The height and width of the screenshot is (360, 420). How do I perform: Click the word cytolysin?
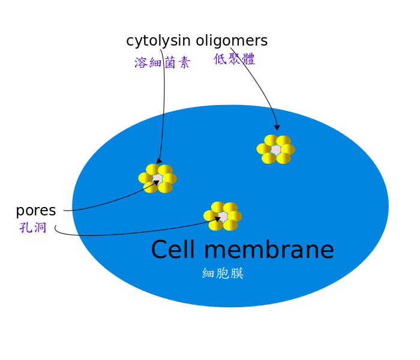click(158, 41)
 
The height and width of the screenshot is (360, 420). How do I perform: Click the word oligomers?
click(232, 41)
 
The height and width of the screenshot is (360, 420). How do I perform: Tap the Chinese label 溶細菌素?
click(163, 62)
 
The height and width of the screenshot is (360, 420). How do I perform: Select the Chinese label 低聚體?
click(234, 59)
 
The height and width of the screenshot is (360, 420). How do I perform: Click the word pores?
click(36, 211)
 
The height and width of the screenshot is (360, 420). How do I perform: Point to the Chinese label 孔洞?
click(32, 227)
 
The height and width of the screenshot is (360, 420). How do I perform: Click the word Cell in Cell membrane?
click(173, 250)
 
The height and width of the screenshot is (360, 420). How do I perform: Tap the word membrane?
click(269, 250)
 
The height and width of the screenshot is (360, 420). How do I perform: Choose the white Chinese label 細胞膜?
click(223, 273)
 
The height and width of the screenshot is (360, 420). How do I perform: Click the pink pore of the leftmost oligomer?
click(157, 178)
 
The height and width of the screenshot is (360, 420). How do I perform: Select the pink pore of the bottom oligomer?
click(223, 216)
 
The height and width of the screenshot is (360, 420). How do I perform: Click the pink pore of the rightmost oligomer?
click(275, 149)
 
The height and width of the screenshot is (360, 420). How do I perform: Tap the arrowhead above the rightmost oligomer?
click(277, 127)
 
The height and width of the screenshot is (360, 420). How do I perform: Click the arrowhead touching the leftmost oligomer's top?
click(159, 161)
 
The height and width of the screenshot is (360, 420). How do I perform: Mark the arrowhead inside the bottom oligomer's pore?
click(218, 219)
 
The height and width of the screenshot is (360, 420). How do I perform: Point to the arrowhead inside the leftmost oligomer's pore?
click(156, 182)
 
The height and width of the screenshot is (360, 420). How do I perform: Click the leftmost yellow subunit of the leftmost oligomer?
click(145, 178)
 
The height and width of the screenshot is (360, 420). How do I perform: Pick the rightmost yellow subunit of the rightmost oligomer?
click(288, 149)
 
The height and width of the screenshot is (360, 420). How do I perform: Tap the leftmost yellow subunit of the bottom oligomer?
click(210, 215)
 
